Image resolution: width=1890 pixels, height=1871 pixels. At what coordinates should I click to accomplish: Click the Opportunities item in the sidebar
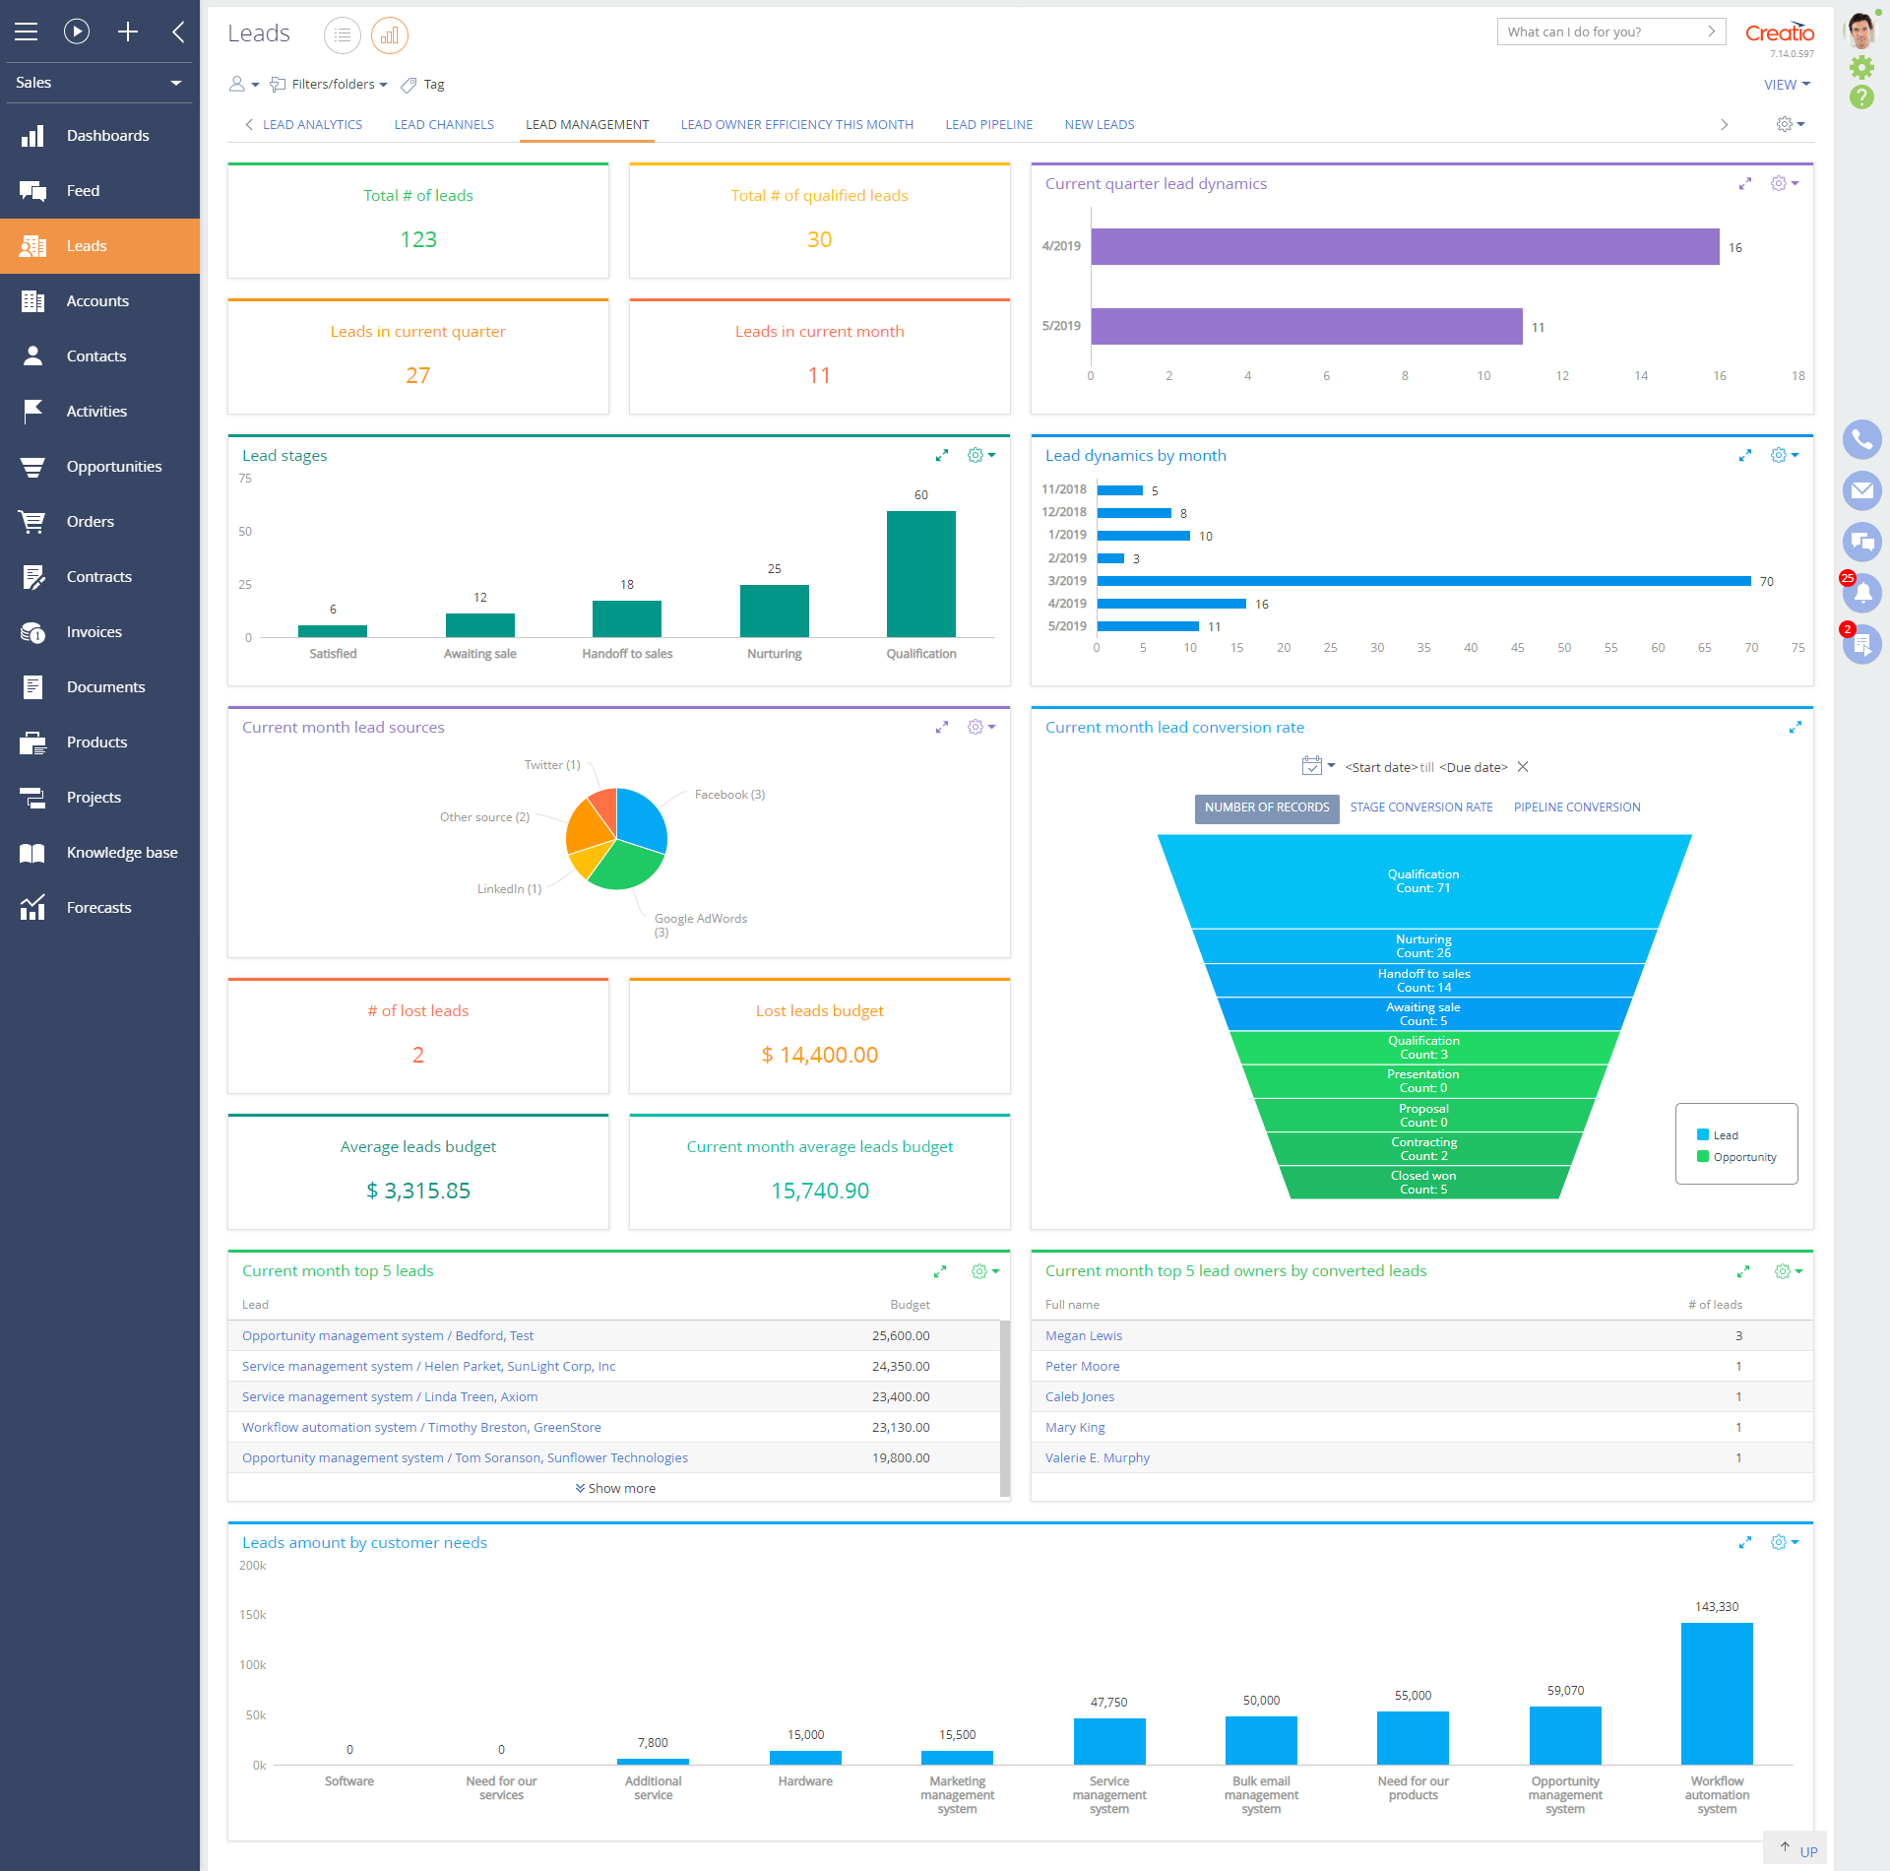(113, 467)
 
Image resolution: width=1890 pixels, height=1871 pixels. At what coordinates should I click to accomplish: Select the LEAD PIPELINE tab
(988, 125)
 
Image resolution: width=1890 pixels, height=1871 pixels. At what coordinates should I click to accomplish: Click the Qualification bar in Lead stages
(920, 574)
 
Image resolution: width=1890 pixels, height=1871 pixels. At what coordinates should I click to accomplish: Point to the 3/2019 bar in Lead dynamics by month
(1422, 581)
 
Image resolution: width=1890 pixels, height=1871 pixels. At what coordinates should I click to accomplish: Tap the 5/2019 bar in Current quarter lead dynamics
(1306, 327)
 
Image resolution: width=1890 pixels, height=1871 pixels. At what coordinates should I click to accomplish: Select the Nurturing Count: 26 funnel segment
(1423, 946)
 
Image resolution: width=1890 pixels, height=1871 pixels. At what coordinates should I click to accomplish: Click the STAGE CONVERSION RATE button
(1420, 807)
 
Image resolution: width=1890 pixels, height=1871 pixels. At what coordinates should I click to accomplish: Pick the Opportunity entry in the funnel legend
(1743, 1157)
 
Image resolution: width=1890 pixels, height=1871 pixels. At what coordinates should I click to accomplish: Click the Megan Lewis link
(1083, 1336)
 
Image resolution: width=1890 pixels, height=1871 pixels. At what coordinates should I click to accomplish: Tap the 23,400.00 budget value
(900, 1397)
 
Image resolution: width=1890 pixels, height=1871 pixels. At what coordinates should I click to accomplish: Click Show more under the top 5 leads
(616, 1489)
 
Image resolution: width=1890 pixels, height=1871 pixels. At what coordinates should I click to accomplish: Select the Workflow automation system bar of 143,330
(1716, 1694)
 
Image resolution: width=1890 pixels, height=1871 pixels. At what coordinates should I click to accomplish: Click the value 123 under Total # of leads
(418, 240)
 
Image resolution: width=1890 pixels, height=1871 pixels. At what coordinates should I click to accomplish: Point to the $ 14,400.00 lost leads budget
(819, 1056)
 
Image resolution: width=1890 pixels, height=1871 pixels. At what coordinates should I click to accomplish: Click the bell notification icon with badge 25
(1860, 593)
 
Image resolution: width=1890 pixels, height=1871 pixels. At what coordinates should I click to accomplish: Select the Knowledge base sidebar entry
(121, 853)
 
